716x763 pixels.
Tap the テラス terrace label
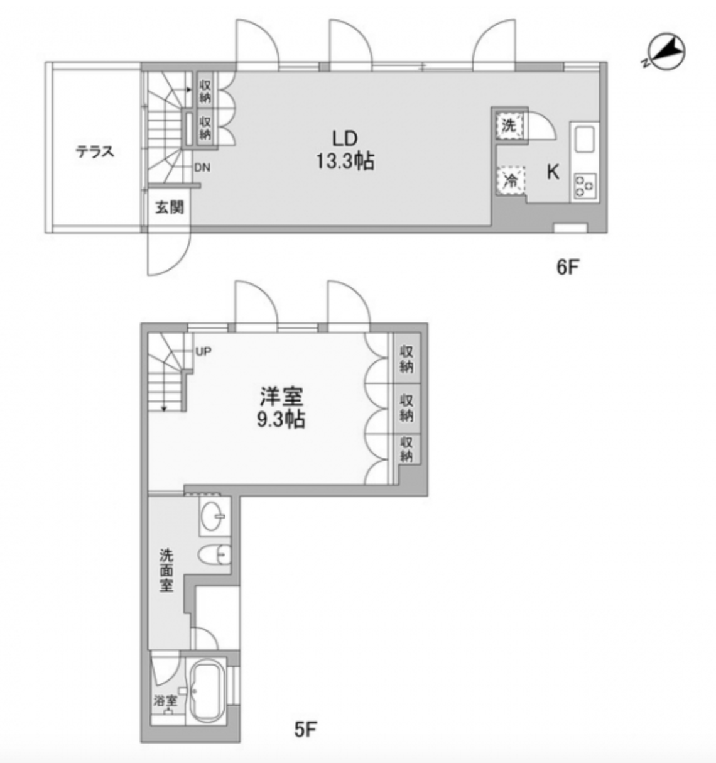click(x=95, y=151)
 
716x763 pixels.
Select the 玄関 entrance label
click(x=169, y=207)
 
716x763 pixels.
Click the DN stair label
click(x=202, y=168)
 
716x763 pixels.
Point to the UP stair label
click(x=203, y=352)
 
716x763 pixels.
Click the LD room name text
click(x=344, y=138)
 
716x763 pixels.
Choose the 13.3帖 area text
click(x=344, y=162)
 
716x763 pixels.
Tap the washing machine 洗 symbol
click(x=508, y=125)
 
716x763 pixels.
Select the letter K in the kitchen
click(x=553, y=172)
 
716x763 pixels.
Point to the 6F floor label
click(x=567, y=268)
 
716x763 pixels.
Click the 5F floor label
click(x=306, y=730)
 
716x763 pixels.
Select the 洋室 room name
click(x=282, y=397)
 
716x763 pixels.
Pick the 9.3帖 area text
click(x=281, y=419)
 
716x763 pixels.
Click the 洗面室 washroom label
click(x=166, y=570)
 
